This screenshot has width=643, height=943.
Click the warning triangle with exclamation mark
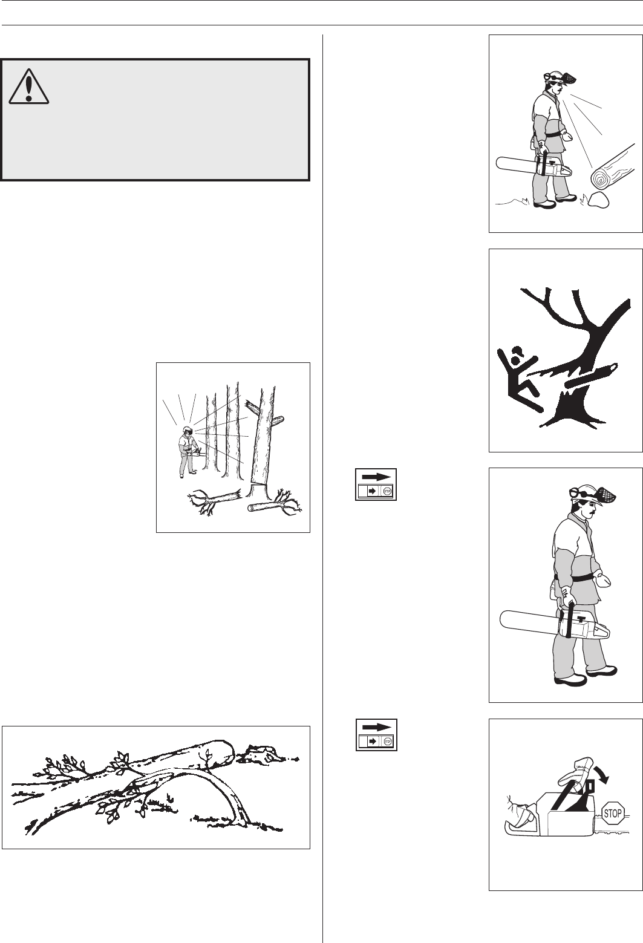coord(29,86)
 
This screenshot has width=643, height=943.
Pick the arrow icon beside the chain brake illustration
coord(376,734)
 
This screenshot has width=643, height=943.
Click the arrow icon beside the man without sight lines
coord(376,484)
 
